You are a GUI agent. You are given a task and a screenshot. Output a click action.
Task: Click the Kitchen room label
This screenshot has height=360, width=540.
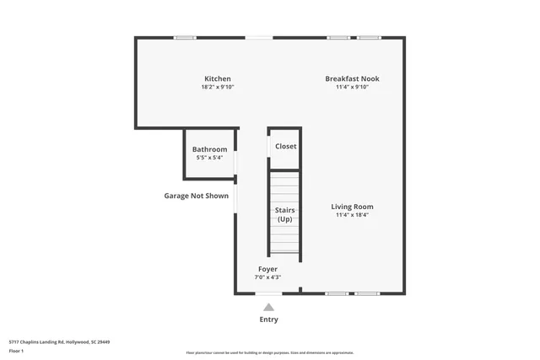(217, 79)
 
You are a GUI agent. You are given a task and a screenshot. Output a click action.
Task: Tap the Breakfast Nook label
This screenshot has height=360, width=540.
(353, 79)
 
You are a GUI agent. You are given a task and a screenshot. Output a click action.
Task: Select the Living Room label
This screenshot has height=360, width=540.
(352, 207)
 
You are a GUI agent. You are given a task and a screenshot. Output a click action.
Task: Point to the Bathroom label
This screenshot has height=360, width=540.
(209, 149)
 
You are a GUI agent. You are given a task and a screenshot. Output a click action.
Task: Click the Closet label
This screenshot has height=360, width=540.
(285, 146)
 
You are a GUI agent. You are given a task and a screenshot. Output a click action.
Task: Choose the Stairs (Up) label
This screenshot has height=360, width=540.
(284, 214)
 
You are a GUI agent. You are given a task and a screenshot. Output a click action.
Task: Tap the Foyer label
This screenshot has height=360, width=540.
(267, 269)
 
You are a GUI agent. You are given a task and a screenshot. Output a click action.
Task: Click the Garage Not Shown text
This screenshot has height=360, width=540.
(196, 196)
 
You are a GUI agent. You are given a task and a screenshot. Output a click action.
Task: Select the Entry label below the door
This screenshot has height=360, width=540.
(268, 320)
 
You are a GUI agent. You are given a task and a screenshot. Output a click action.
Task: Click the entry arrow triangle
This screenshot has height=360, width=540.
(268, 307)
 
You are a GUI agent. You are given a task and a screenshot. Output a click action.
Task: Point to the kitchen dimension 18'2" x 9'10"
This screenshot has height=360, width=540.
(217, 87)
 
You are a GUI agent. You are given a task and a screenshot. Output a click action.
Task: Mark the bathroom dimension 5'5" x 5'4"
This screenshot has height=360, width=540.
(209, 157)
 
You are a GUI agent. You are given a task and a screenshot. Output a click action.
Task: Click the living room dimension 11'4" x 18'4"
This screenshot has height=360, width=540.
(352, 215)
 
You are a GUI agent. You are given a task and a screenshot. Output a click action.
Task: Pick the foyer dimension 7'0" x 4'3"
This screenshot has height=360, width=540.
(267, 277)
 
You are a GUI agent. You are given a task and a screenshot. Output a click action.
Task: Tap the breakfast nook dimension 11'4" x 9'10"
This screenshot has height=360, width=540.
(353, 87)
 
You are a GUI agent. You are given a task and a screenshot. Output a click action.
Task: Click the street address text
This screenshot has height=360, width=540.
(59, 341)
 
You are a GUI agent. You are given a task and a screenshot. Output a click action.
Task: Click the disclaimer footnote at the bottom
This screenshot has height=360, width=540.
(269, 353)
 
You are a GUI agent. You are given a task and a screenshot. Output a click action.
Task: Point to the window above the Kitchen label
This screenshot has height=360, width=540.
(185, 37)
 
